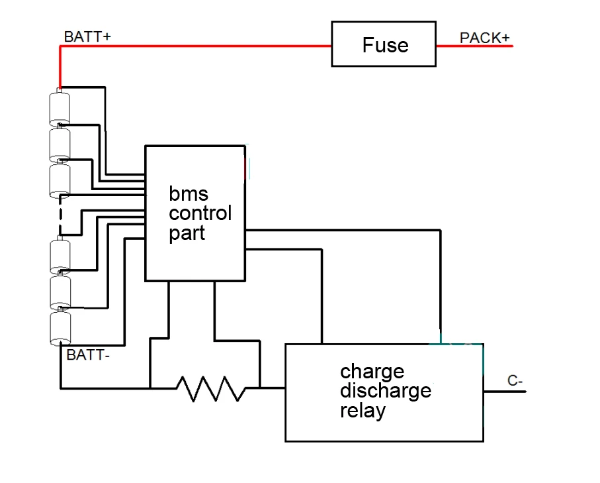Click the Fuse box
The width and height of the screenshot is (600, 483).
(x=384, y=44)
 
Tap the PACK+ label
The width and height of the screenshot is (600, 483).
(x=484, y=38)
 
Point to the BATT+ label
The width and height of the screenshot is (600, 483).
(x=87, y=36)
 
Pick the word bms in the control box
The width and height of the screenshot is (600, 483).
(x=189, y=194)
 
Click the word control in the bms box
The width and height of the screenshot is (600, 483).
(x=200, y=213)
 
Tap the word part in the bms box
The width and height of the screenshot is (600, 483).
(x=187, y=233)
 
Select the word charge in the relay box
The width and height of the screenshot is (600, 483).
(x=372, y=370)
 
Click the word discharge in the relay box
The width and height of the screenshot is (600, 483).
(x=385, y=390)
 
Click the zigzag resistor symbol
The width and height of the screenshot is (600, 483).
(x=211, y=388)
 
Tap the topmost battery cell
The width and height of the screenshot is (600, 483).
(x=60, y=107)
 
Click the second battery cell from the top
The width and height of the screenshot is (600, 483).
(x=60, y=144)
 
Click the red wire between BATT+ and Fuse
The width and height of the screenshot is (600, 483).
(x=198, y=46)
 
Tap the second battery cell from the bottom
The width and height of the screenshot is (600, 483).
(x=60, y=292)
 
